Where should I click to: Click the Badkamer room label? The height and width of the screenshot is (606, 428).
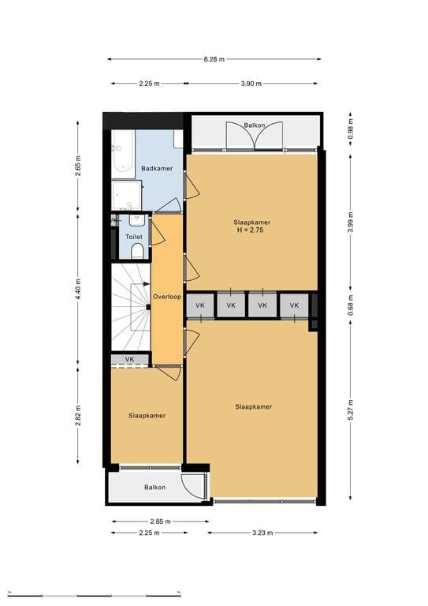pyautogui.click(x=157, y=169)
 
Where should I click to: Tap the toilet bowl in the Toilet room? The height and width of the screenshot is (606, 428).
pyautogui.click(x=137, y=252)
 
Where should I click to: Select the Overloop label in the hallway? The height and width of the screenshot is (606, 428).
pyautogui.click(x=167, y=297)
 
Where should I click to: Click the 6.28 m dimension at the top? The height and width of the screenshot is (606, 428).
pyautogui.click(x=214, y=59)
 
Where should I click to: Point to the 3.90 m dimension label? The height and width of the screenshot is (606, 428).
pyautogui.click(x=251, y=84)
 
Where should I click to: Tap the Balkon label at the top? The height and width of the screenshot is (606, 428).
pyautogui.click(x=255, y=125)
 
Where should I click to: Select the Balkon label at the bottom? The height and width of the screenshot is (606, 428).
pyautogui.click(x=154, y=488)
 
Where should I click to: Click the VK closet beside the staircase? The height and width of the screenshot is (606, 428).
pyautogui.click(x=130, y=360)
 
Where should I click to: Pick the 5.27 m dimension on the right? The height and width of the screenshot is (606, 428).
pyautogui.click(x=351, y=410)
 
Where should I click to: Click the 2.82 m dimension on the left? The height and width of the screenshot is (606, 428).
pyautogui.click(x=78, y=416)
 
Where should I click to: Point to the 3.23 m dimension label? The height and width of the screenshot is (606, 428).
pyautogui.click(x=262, y=533)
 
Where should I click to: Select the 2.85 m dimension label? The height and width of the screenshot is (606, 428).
pyautogui.click(x=160, y=522)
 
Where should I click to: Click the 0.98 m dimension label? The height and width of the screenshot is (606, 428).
pyautogui.click(x=351, y=129)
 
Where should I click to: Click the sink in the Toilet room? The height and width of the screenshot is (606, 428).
pyautogui.click(x=136, y=220)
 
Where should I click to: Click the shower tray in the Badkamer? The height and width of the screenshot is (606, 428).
pyautogui.click(x=126, y=195)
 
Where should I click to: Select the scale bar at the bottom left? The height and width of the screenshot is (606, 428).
pyautogui.click(x=94, y=593)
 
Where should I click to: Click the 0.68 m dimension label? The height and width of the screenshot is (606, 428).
pyautogui.click(x=351, y=305)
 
